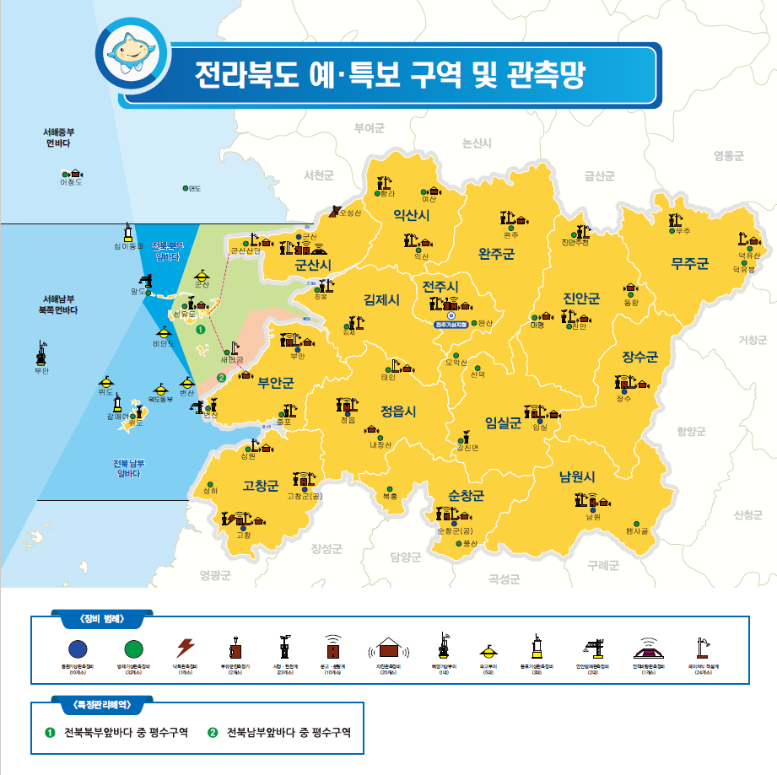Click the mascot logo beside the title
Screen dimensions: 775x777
tap(131, 52)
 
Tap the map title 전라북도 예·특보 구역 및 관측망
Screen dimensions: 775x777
tap(388, 76)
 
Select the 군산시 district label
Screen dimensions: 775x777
tap(312, 266)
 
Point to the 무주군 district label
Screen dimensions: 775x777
tap(689, 263)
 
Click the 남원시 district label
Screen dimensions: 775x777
tap(577, 476)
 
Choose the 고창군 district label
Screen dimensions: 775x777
tap(260, 486)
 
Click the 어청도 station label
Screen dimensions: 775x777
tap(72, 182)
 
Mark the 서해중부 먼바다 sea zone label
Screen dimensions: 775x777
tap(60, 138)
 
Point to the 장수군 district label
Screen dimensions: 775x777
tap(639, 357)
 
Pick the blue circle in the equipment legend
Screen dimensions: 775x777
tap(78, 649)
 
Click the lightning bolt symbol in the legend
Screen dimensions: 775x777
tap(186, 648)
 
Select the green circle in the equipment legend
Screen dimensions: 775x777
tap(132, 649)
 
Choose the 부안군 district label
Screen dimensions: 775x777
tap(276, 384)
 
